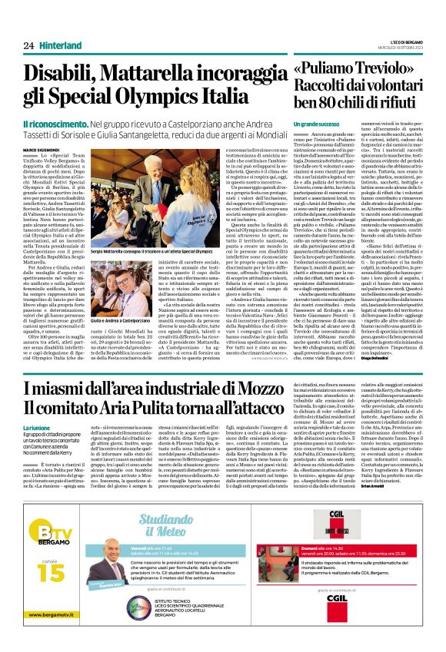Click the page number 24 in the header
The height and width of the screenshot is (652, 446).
coord(28,45)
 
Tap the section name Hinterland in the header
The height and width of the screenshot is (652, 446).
coord(60,45)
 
